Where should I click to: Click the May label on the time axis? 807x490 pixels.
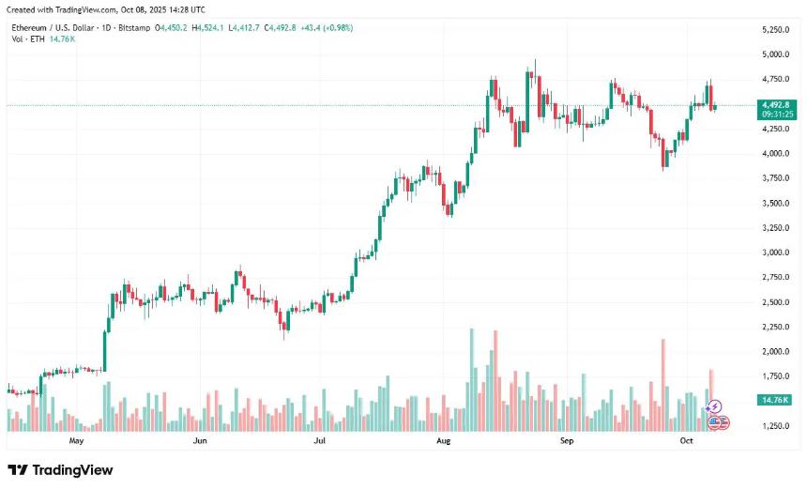coord(77,439)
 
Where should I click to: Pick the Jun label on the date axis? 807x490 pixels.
coord(199,439)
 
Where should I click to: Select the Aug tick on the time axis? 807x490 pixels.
coord(444,439)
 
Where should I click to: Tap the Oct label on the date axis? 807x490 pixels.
coord(686,439)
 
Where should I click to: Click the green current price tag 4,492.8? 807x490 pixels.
coord(776,104)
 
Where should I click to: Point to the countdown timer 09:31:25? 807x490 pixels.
coord(776,114)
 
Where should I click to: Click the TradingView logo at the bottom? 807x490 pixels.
coord(60,469)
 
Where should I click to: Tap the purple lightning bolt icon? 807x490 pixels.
coord(716,406)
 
